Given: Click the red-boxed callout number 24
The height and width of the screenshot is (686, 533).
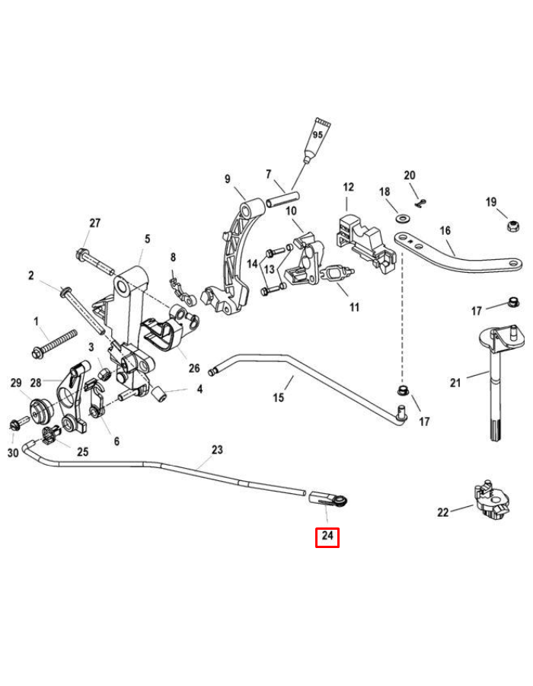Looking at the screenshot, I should (327, 537).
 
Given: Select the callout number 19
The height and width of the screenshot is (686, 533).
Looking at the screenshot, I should (491, 202).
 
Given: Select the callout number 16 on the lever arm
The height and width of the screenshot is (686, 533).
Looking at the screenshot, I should (445, 230).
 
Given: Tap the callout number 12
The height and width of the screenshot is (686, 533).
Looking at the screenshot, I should (348, 188).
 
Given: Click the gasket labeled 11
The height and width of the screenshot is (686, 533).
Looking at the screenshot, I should (337, 272).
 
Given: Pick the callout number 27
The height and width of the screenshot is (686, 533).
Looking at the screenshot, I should (94, 223).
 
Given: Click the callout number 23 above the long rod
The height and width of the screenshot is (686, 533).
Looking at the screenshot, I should (217, 450).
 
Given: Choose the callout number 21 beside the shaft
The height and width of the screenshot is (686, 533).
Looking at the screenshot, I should (455, 383).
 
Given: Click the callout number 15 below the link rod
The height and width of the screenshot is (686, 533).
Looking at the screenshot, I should (278, 397).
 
